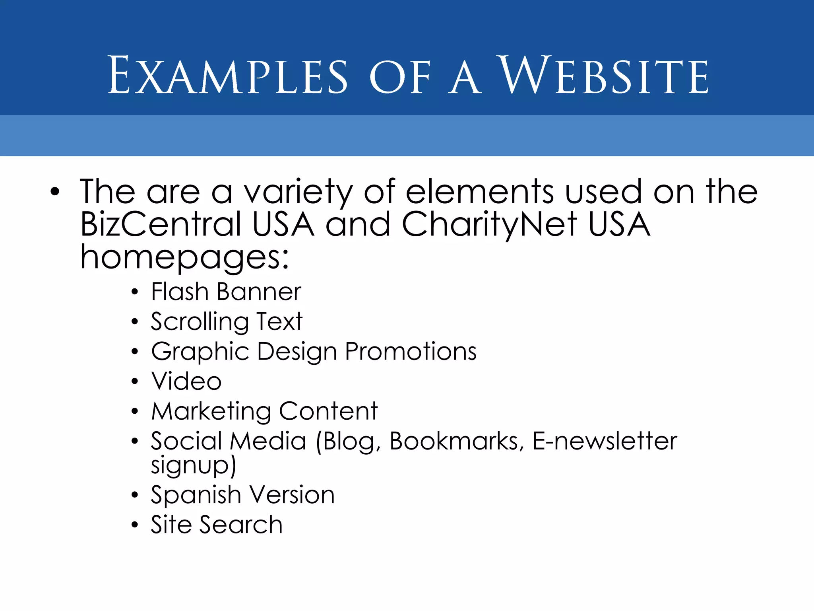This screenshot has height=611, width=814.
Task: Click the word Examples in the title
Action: (228, 76)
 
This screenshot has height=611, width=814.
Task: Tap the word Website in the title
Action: (603, 76)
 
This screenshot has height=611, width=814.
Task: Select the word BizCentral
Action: (161, 224)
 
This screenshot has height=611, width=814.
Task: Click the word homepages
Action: (184, 257)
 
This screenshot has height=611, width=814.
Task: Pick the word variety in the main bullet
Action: (298, 193)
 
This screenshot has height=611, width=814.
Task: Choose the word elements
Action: (479, 192)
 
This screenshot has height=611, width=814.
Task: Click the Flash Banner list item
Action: (226, 292)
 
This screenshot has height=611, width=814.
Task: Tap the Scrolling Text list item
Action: (227, 322)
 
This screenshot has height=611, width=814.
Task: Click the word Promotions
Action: (411, 352)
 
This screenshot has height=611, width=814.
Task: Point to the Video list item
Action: (186, 381)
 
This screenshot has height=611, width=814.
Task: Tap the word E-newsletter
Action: (605, 441)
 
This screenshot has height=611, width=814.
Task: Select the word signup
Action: (193, 465)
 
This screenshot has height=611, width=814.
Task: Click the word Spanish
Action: (196, 496)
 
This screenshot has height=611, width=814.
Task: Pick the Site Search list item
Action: (217, 524)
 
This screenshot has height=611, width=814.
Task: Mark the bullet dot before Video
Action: (135, 381)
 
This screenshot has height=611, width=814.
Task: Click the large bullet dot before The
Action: (55, 193)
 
